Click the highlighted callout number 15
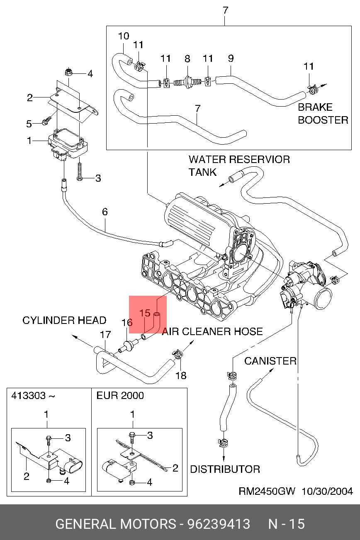tap(145, 313)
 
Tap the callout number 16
tap(127, 323)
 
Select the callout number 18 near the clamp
tap(181, 376)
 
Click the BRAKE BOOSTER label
tap(323, 114)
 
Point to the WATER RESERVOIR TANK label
tap(239, 165)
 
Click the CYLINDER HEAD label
tap(64, 320)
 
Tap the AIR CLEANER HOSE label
tap(212, 331)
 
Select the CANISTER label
tap(270, 361)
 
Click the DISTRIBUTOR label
tap(225, 469)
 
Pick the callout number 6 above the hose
tap(105, 212)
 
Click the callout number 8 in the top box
tap(187, 58)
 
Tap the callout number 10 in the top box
tap(124, 36)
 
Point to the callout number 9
tap(231, 58)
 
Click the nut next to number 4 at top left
tap(69, 73)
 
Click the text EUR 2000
tap(120, 395)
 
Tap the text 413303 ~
tap(33, 395)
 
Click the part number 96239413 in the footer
tap(219, 524)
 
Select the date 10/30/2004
tap(327, 491)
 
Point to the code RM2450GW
tap(267, 491)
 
